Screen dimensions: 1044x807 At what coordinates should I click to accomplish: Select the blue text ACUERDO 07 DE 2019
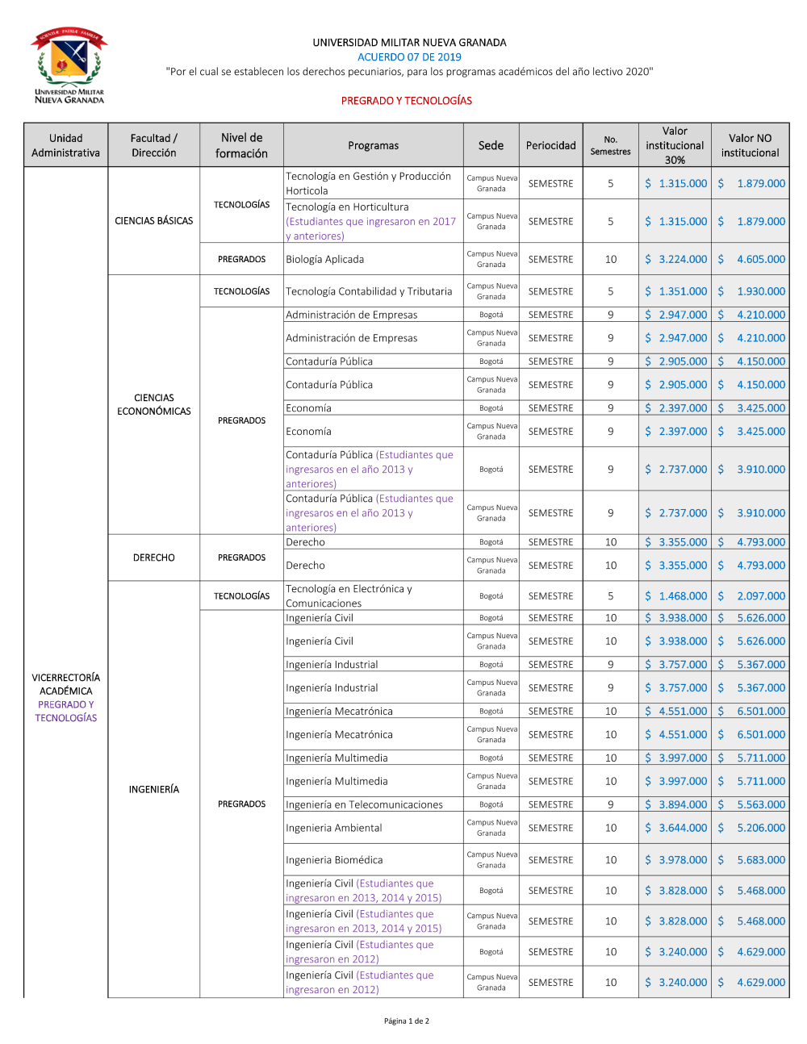409,57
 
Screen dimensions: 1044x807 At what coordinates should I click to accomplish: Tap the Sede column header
491,146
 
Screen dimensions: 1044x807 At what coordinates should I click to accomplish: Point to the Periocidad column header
550,146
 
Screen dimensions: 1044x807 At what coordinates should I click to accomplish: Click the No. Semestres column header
610,146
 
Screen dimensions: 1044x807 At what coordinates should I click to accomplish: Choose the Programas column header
373,146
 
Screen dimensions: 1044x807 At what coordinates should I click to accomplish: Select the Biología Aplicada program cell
325,260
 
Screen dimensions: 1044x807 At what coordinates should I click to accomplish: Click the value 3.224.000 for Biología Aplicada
682,260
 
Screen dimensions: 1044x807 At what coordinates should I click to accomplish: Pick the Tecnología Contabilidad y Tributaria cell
369,292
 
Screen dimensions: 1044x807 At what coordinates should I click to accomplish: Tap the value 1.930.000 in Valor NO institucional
760,292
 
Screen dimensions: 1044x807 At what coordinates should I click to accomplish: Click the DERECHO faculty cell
153,557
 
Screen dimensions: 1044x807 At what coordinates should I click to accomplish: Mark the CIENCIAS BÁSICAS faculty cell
153,221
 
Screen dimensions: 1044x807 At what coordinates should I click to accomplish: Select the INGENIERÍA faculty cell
153,789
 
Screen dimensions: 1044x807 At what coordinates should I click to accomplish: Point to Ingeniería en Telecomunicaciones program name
364,805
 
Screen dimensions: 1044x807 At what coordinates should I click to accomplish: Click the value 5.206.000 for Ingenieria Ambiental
760,829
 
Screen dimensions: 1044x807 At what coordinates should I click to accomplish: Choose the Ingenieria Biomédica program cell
334,861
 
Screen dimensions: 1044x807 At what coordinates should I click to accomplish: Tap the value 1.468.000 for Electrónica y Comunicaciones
682,596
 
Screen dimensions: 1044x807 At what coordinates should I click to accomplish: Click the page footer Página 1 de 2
406,1021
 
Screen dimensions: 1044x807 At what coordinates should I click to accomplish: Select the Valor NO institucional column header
750,146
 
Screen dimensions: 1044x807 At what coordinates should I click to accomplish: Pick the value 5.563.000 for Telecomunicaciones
760,805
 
